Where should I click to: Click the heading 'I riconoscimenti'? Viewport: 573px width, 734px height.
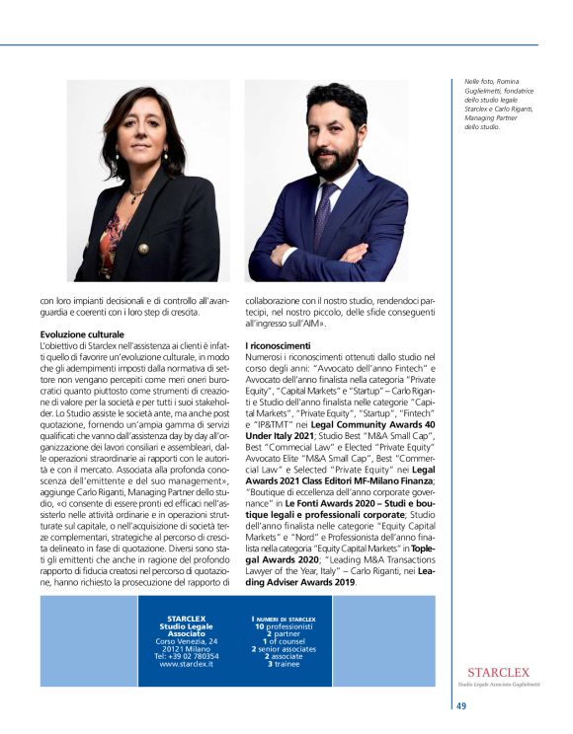pyautogui.click(x=278, y=345)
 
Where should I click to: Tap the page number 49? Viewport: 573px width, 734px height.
pyautogui.click(x=461, y=704)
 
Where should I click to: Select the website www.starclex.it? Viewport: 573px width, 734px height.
pyautogui.click(x=187, y=664)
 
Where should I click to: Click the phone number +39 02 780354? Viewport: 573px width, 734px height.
pyautogui.click(x=187, y=656)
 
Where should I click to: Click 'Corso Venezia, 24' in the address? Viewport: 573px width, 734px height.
pyautogui.click(x=187, y=641)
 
